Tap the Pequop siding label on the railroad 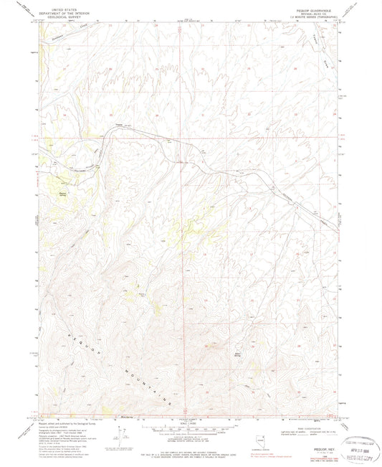pos(119,127)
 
